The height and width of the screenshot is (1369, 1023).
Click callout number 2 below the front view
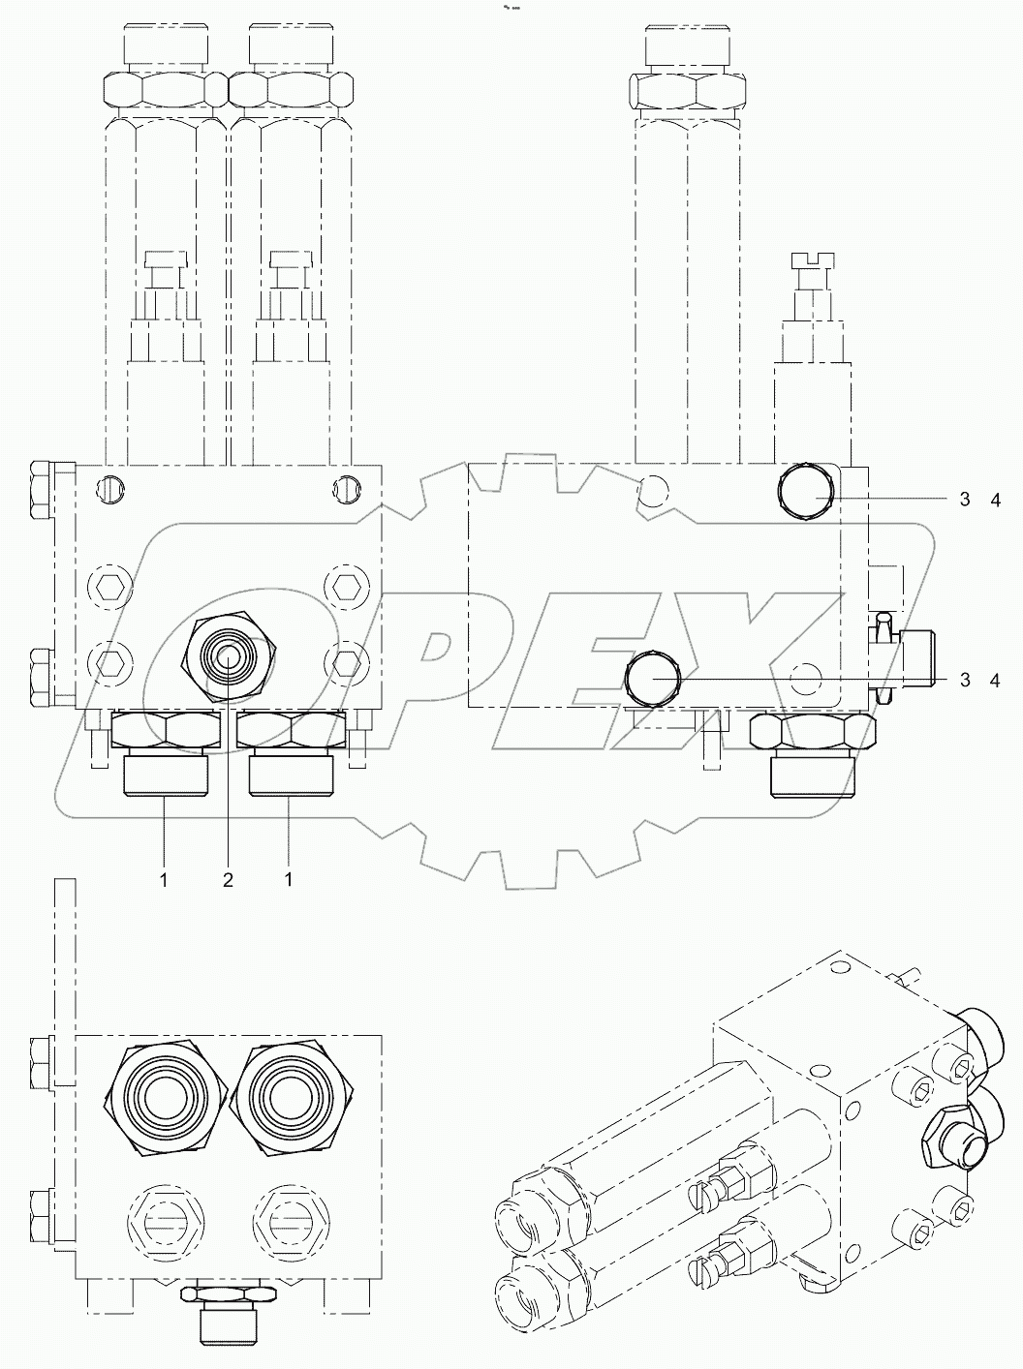tap(228, 879)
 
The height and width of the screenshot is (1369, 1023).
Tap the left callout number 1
tap(165, 879)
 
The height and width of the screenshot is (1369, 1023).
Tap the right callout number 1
tap(289, 879)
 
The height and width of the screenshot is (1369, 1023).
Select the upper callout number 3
tap(965, 500)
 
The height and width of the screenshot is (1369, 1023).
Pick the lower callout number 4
tap(993, 680)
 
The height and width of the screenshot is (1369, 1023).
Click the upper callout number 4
tap(993, 500)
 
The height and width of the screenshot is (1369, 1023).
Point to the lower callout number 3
tap(965, 680)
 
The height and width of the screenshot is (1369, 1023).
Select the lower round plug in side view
tap(653, 679)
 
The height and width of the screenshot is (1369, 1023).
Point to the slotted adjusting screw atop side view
tap(812, 259)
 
